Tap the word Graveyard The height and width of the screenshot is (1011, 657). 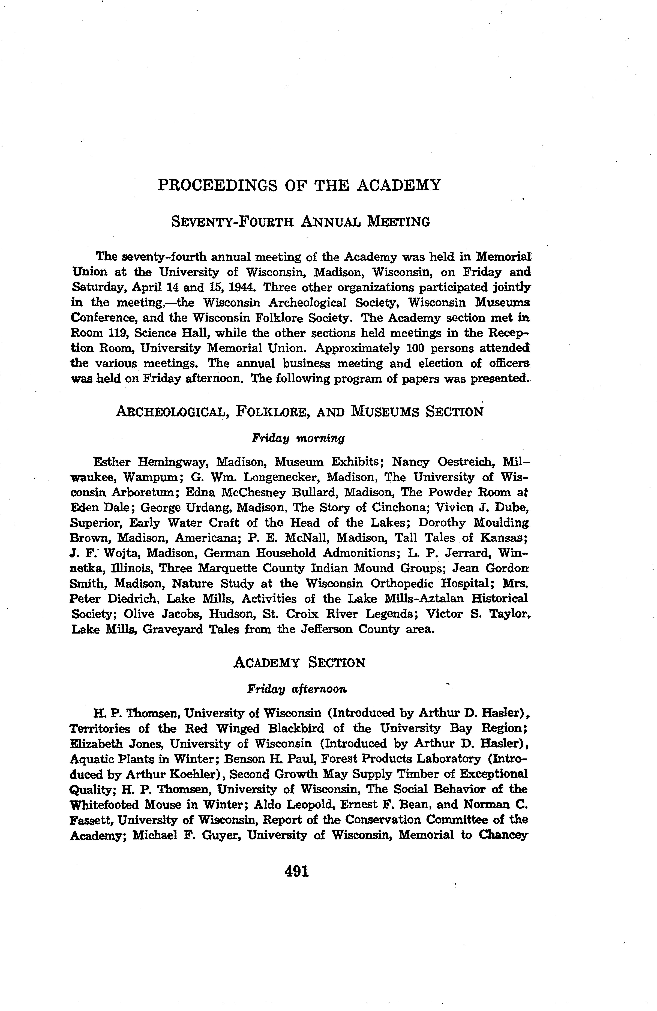coord(174,629)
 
